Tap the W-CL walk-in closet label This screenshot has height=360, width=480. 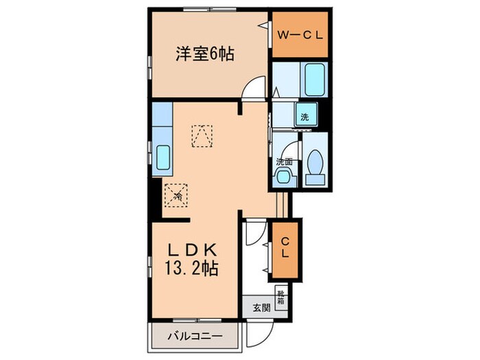click(x=295, y=33)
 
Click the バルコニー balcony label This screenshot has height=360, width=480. click(x=194, y=336)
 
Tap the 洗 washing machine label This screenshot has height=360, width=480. click(x=304, y=117)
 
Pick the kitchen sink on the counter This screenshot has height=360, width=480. click(x=165, y=160)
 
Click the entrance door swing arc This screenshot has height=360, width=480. click(x=258, y=335)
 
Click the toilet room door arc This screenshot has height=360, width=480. click(x=293, y=147)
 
